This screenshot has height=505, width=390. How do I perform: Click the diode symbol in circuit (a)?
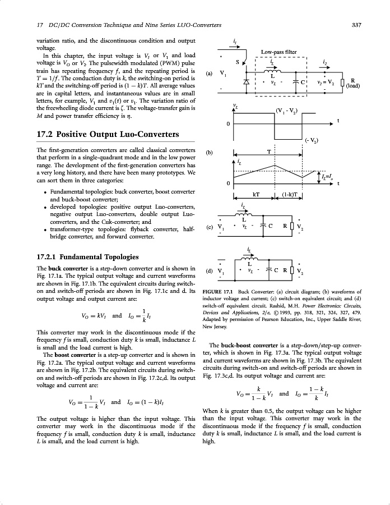(x=247, y=82)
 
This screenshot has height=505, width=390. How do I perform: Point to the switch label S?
(x=237, y=62)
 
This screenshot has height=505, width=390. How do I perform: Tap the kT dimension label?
(x=256, y=195)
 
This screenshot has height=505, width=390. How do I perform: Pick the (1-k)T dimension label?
(x=291, y=195)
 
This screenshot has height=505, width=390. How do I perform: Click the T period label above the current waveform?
(x=269, y=152)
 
